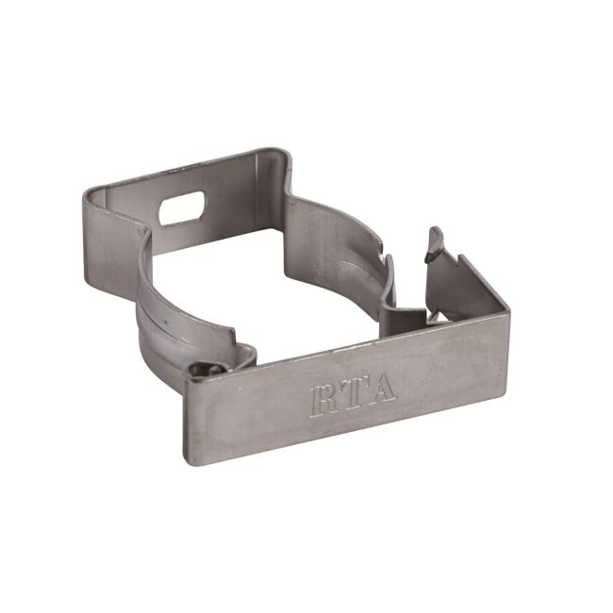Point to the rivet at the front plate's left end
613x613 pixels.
click(201, 372)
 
